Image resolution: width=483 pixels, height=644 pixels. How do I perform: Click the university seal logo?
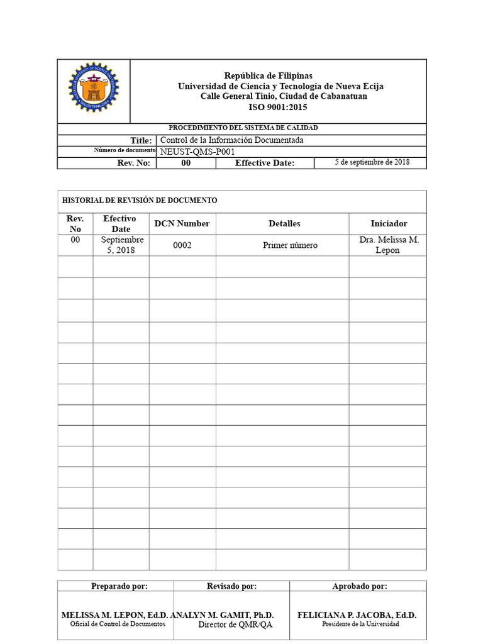pos(94,87)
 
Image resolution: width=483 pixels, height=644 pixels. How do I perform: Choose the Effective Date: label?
pos(264,164)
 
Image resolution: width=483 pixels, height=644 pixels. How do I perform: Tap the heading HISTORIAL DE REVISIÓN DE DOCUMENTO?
pos(140,201)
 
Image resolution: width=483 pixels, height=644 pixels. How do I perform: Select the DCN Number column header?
pos(182,223)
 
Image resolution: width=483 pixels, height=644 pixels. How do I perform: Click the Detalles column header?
pos(284,223)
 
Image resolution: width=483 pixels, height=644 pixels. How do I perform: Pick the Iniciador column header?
pos(389,223)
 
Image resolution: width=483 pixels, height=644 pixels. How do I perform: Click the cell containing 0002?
pos(182,245)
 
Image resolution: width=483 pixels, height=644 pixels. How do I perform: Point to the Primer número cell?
pos(290,245)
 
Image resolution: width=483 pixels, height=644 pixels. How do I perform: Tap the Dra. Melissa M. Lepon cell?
pos(389,245)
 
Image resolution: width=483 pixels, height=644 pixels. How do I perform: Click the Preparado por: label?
pos(119,586)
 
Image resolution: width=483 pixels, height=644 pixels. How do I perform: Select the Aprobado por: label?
pos(360,586)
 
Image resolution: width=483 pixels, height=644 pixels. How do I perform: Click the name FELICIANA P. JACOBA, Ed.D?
pos(357,615)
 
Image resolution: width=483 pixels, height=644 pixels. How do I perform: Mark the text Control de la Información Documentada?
pos(232,140)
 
